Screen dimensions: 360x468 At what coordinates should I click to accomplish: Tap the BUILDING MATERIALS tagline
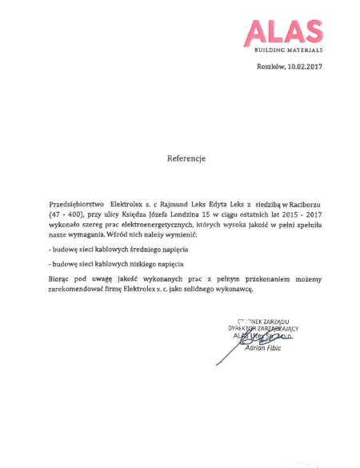(x=288, y=50)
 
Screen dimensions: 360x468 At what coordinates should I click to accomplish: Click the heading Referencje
(x=186, y=158)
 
